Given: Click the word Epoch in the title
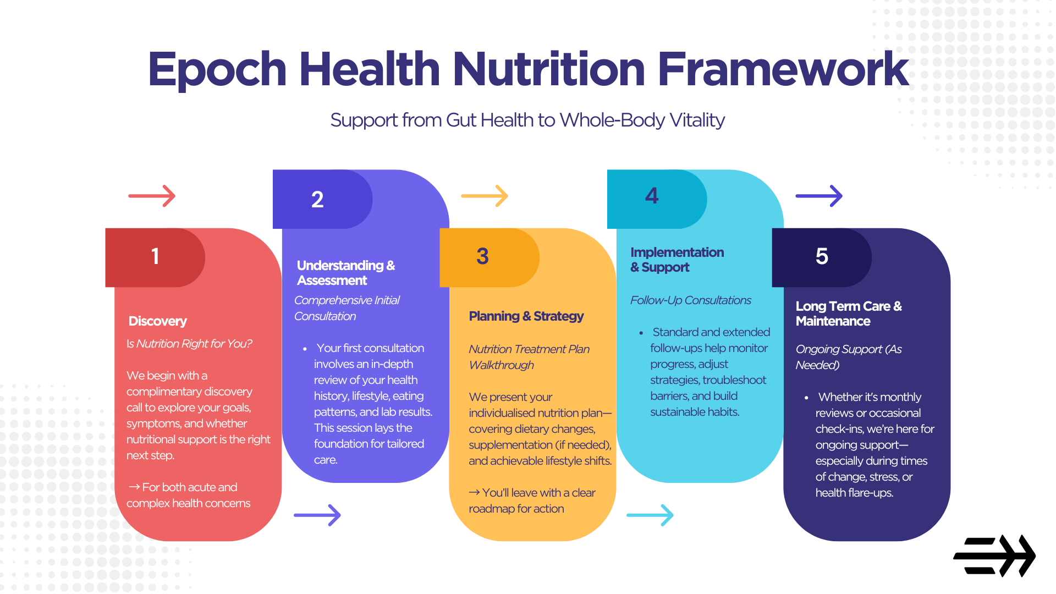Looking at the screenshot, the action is [217, 70].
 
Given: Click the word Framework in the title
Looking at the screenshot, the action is [783, 70].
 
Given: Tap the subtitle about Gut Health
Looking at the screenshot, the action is [527, 120].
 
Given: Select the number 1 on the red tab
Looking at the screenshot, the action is [155, 256].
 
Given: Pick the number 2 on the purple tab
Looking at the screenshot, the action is [317, 200].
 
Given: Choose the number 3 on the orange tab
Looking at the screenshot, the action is [482, 256].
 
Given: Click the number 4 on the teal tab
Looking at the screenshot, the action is [652, 196].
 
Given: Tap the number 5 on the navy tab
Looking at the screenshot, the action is [822, 256].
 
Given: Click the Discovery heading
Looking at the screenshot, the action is [158, 321].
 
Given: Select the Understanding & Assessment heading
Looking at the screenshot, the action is [346, 273].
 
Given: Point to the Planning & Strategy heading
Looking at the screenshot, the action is [526, 316].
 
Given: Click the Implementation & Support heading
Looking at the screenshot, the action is [677, 260].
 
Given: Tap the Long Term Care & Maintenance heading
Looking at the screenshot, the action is [849, 313].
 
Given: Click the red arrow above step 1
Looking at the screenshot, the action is [152, 196].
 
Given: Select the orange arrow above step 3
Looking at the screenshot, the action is [485, 196].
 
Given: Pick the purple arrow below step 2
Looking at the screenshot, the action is [317, 515].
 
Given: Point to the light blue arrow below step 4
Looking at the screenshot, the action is [650, 515].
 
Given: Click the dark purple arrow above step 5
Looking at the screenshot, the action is [819, 196].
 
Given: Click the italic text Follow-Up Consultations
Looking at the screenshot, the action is [691, 300].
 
